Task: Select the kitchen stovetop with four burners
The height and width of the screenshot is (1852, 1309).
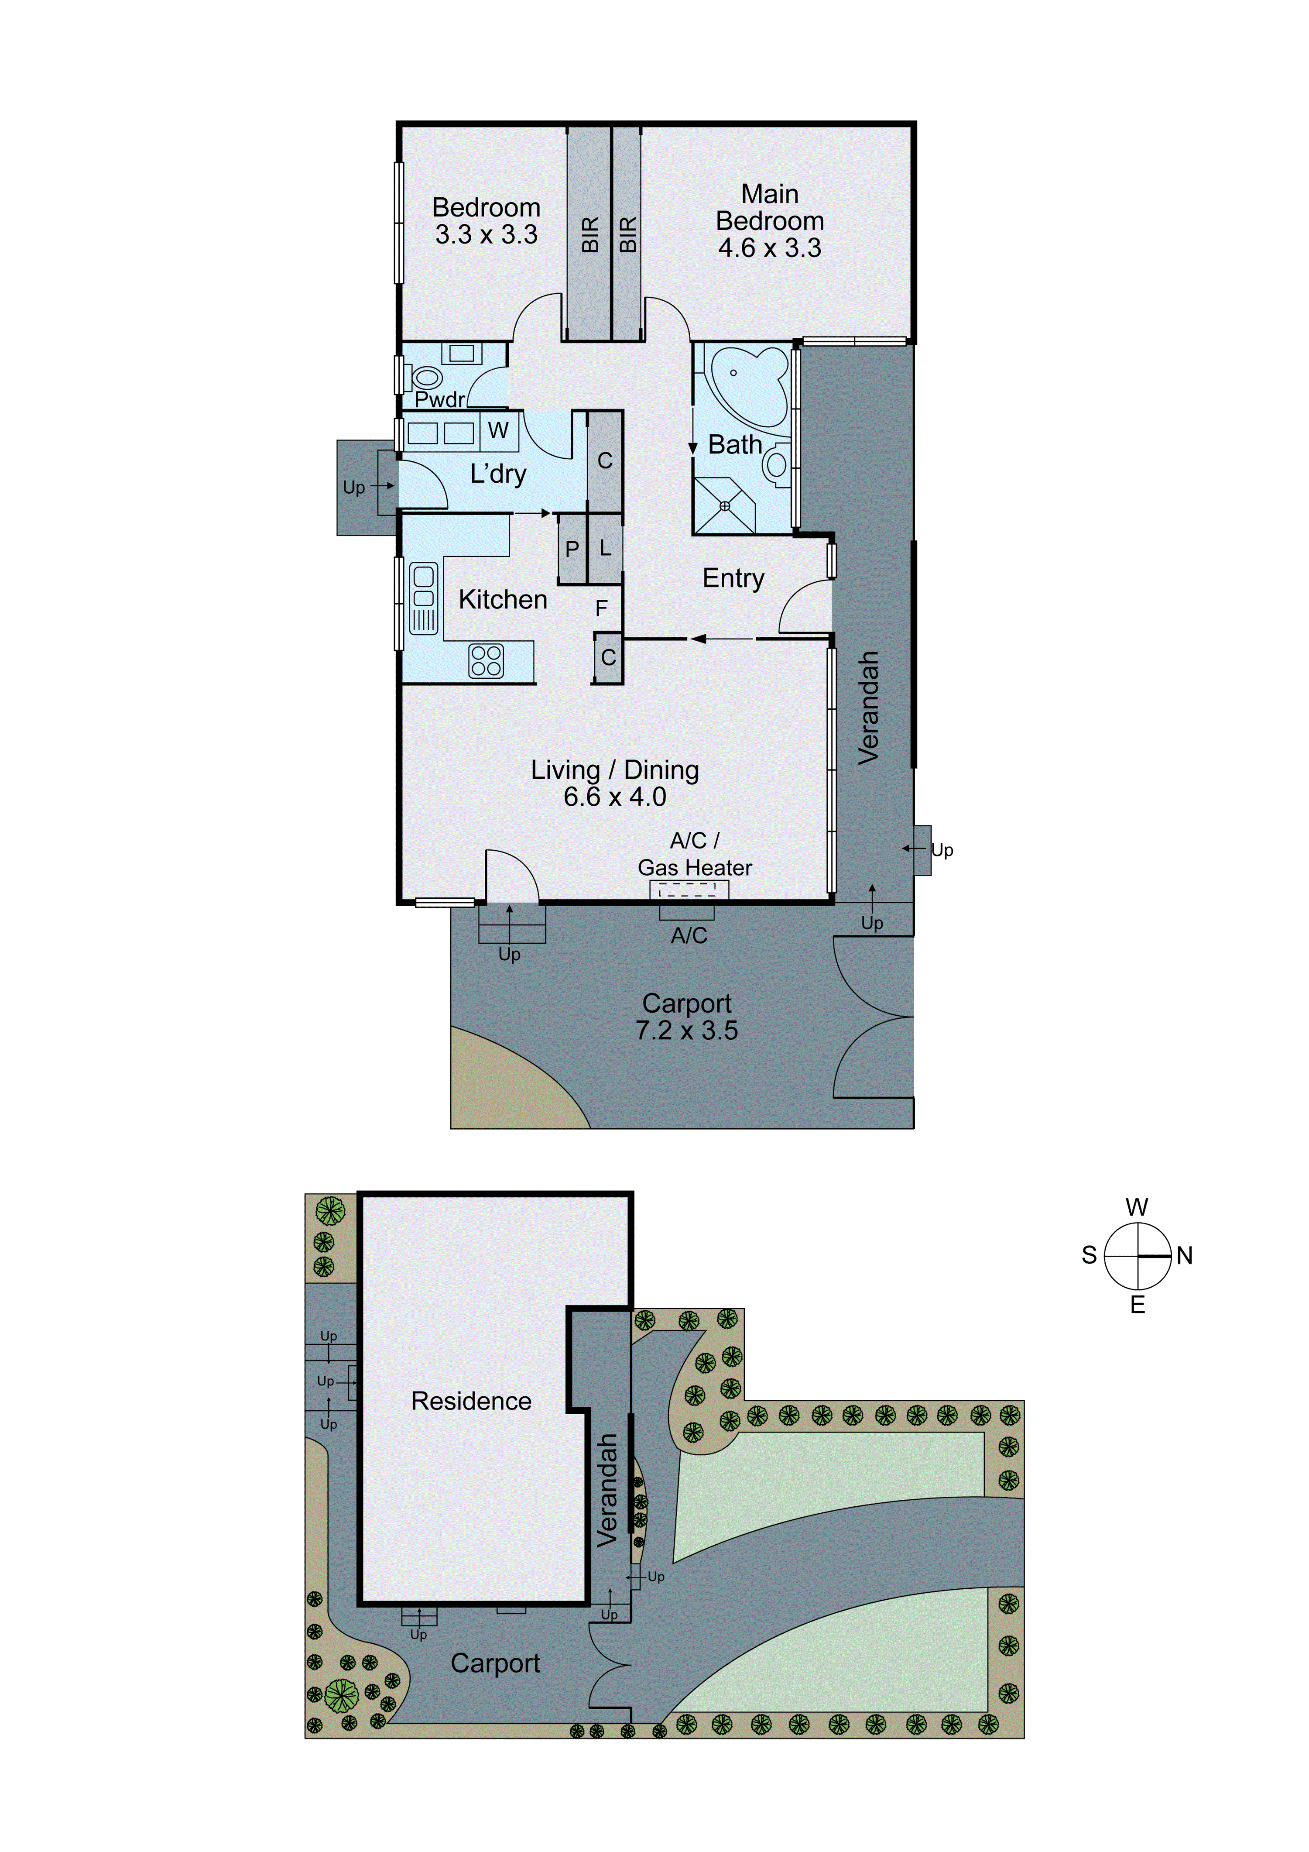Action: click(487, 660)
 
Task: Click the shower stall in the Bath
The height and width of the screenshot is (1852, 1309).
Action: click(724, 506)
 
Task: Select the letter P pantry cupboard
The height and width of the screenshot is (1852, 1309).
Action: click(572, 549)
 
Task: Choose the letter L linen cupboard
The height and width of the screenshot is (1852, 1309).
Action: click(605, 549)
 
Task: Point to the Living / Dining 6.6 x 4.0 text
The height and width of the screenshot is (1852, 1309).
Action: click(615, 783)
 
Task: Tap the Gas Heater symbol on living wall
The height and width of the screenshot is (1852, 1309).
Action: click(689, 890)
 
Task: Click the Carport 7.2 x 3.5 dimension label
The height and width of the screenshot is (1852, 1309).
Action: click(686, 1016)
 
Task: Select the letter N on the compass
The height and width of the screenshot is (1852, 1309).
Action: click(1184, 1255)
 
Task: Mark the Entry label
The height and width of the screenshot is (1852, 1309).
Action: click(733, 578)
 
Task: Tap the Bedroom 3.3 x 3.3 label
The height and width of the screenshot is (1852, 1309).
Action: click(487, 221)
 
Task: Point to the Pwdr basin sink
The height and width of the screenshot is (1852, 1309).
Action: click(462, 353)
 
